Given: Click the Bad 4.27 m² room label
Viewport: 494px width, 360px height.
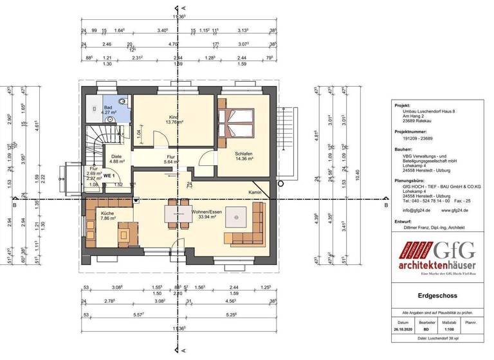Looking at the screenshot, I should click(x=108, y=109).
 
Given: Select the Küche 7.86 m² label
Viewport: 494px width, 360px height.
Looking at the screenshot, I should click(x=107, y=215).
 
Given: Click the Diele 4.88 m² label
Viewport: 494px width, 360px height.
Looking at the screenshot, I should click(x=116, y=159).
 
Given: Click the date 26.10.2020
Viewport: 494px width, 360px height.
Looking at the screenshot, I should click(x=402, y=328).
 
